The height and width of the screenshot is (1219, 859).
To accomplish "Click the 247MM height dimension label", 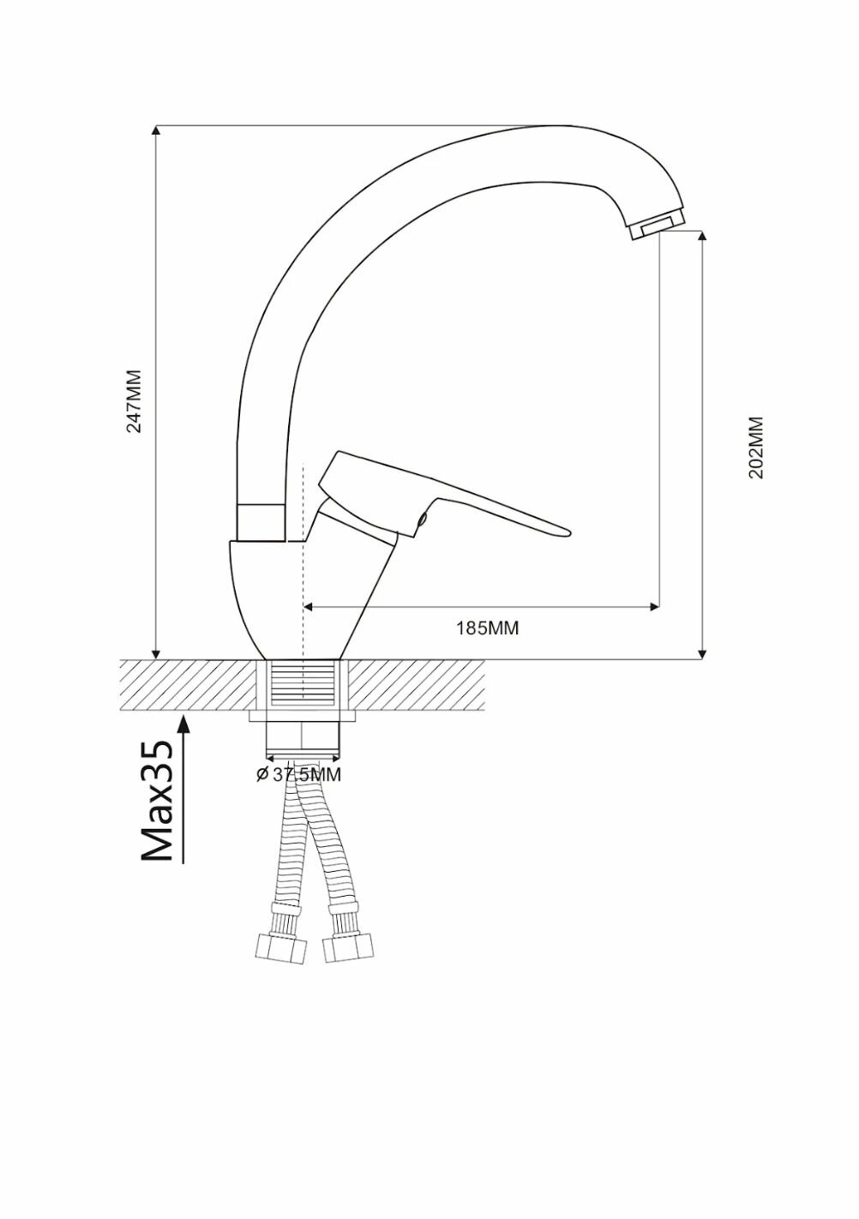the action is pos(134,400).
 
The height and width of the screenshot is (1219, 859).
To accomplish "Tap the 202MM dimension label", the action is pos(756,447).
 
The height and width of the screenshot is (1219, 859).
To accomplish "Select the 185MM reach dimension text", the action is pos(487,628).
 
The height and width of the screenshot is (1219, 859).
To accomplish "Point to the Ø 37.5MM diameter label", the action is pos(299,774).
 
